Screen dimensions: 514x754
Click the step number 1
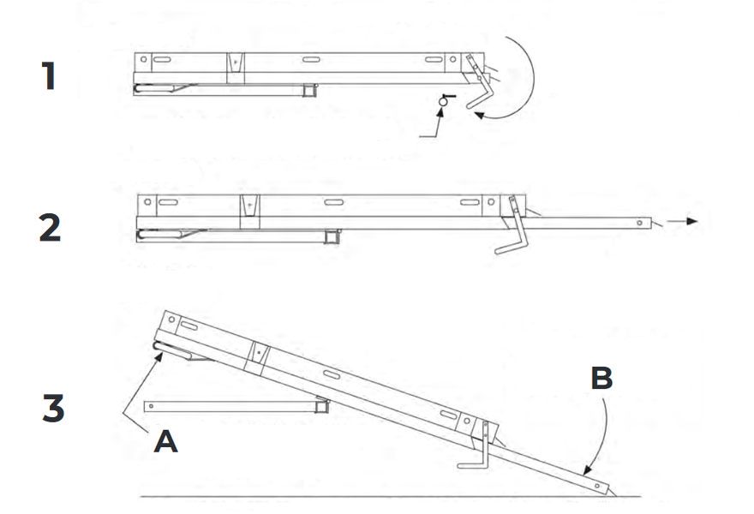(49, 77)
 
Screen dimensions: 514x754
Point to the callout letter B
(601, 378)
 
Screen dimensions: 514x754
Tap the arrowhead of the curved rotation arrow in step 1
(482, 114)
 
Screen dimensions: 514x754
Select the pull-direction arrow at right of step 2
(685, 223)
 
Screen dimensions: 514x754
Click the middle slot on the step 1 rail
(312, 61)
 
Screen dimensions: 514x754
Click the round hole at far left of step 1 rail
(144, 60)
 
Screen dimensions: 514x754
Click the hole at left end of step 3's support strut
(152, 404)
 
